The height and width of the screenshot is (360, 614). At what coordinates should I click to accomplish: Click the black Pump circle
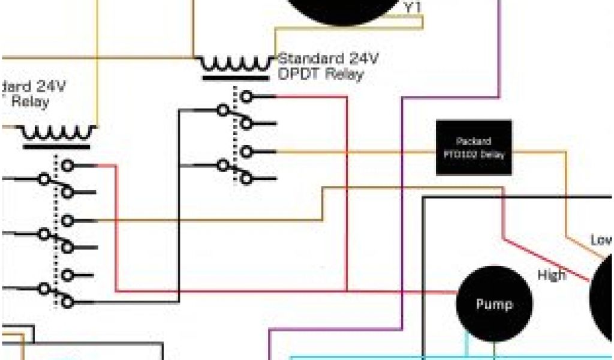coord(493,304)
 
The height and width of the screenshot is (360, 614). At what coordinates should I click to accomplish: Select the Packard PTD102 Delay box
coord(473,148)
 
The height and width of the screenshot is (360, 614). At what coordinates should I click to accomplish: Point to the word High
coord(551,275)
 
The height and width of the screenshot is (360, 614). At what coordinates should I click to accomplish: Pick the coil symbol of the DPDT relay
coord(234,63)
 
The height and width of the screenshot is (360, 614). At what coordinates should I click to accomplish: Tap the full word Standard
coord(311,59)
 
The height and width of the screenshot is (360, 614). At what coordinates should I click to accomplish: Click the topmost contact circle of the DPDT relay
coord(246,96)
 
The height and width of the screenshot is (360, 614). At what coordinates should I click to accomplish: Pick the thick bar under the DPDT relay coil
coord(234,77)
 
